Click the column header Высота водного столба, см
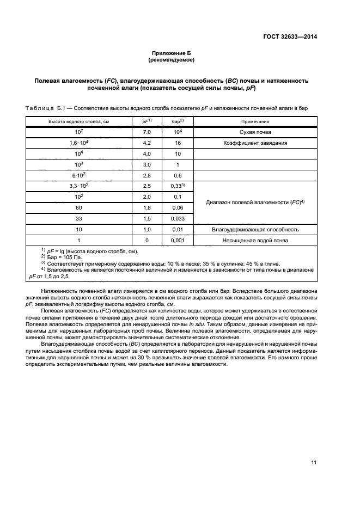click(79, 122)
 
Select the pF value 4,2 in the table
click(147, 143)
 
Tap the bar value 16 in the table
click(178, 143)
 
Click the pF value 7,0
click(147, 133)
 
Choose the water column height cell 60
click(79, 207)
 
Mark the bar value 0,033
click(178, 218)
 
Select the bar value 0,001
click(178, 240)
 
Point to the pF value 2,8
click(147, 175)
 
